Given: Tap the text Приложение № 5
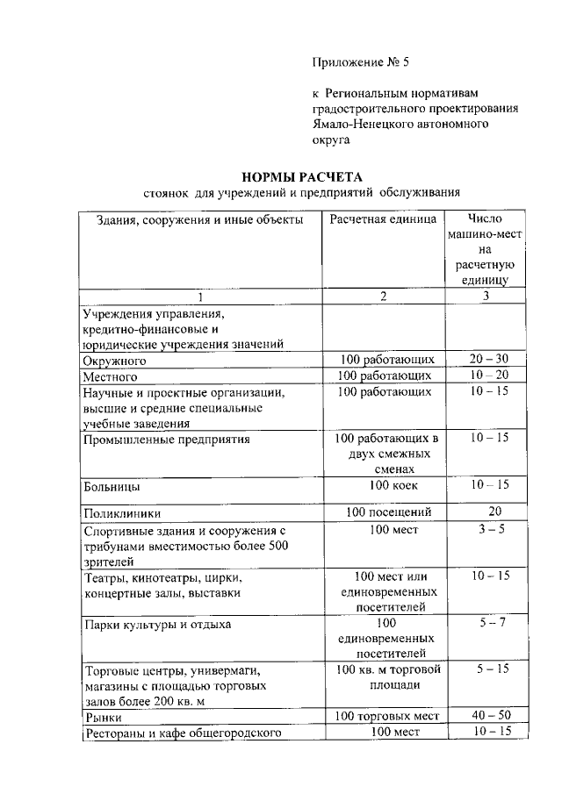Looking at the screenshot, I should click(361, 62).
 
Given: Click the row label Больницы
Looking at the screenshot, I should click(112, 485).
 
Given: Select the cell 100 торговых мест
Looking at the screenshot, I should click(387, 716).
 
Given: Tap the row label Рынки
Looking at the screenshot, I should click(102, 717).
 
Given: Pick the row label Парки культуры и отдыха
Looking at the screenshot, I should click(157, 625).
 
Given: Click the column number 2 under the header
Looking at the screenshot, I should click(383, 296).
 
